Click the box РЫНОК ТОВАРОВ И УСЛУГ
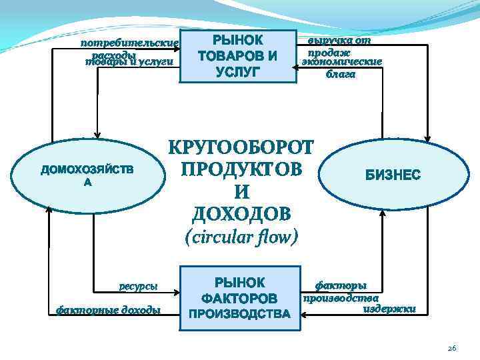[x=238, y=55]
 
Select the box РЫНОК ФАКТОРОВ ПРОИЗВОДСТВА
[x=238, y=298]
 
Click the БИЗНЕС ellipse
[x=391, y=175]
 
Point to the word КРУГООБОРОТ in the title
[x=240, y=147]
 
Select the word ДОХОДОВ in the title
[x=241, y=213]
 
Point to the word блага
[x=341, y=74]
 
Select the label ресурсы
[x=139, y=287]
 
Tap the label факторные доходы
[x=108, y=309]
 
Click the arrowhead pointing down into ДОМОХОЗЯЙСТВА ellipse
[x=98, y=134]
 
